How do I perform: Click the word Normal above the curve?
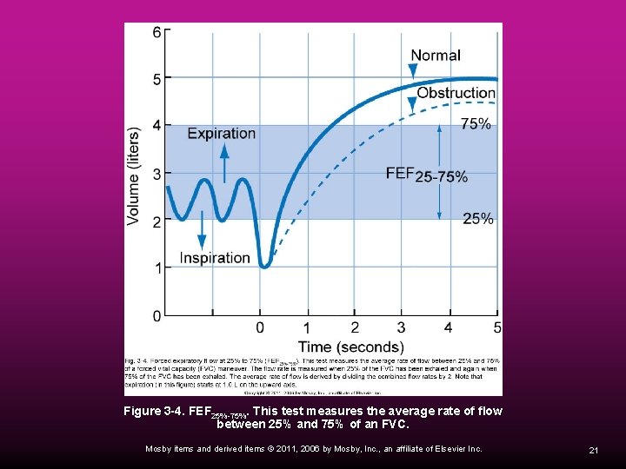point(435,56)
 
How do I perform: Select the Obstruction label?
point(456,93)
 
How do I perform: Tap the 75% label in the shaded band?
point(475,124)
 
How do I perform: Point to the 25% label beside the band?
point(477,219)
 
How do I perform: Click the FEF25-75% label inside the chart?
point(426,175)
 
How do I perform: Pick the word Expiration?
point(221,134)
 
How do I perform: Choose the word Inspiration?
point(215,258)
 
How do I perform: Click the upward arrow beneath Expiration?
point(223,162)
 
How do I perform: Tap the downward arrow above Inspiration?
point(202,233)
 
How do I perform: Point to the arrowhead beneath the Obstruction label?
point(412,104)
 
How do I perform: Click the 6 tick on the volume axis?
point(156,32)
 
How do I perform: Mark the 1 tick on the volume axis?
point(156,268)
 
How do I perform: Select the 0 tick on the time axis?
point(259,327)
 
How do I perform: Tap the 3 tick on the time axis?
point(401,327)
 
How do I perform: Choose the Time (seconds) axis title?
point(351,347)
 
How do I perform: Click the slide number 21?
point(593,450)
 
